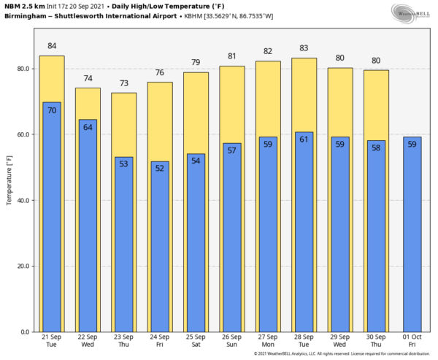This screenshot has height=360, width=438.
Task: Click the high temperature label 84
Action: click(52, 46)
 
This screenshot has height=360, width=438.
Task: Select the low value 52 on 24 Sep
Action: click(160, 168)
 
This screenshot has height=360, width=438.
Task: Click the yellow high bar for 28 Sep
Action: click(304, 95)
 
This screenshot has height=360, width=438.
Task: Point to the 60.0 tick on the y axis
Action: click(24, 135)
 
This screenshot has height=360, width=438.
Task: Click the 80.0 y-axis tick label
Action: click(24, 69)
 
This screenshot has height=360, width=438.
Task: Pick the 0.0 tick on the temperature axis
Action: click(26, 332)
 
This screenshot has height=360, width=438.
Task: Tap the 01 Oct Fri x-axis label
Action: click(412, 341)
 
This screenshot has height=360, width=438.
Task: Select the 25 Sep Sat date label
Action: click(196, 341)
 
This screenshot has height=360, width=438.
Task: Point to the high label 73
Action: click(123, 83)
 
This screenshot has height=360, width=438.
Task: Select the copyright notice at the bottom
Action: click(343, 354)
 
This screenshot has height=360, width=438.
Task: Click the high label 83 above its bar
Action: click(304, 48)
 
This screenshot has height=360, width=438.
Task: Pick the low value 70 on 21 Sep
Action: click(52, 110)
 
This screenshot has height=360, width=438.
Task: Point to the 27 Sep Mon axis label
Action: click(268, 341)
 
